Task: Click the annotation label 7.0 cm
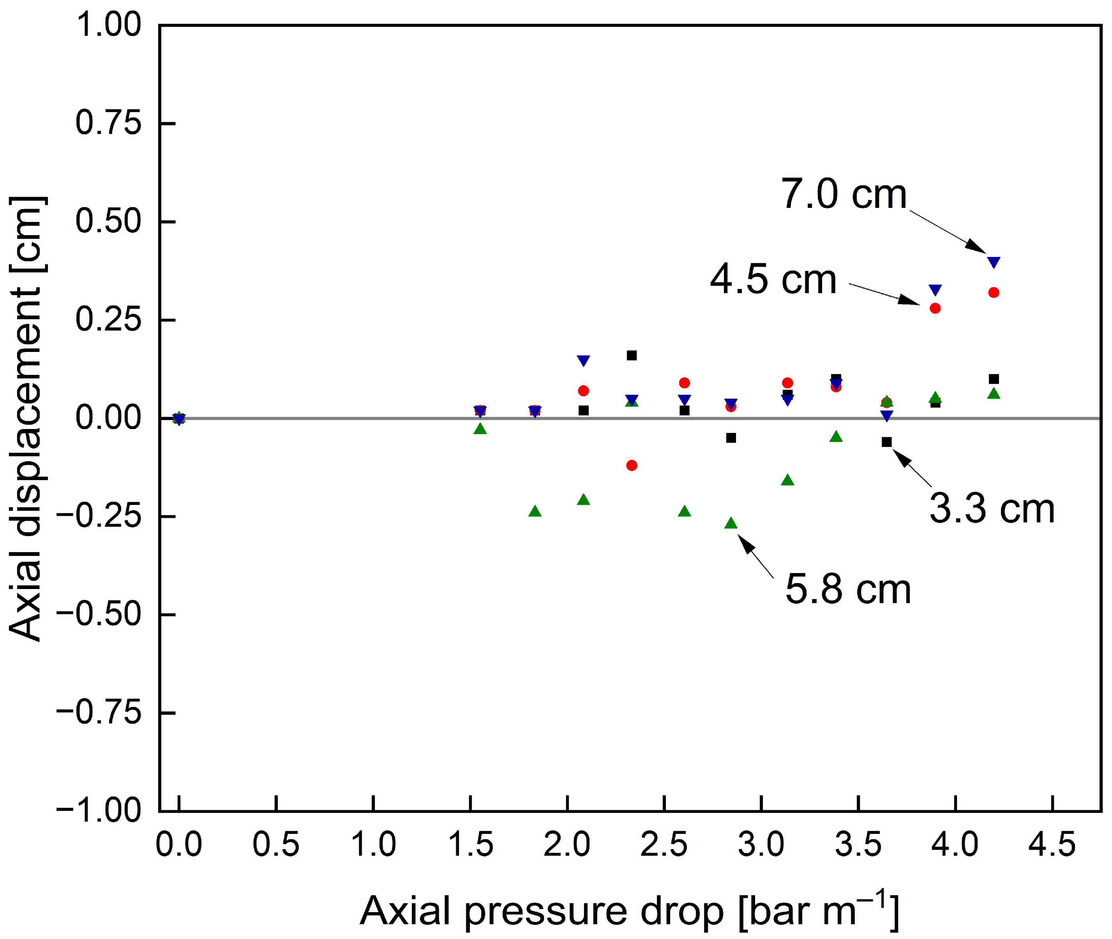844,195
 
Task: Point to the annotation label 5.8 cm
848,590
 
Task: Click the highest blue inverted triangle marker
994,262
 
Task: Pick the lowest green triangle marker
731,523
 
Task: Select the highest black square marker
632,355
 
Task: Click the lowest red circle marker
632,465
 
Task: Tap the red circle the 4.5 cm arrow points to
935,308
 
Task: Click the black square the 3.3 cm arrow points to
887,442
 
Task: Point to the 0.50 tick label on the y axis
108,222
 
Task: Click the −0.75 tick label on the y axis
99,713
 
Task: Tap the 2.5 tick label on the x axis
664,845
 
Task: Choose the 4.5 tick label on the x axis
1052,845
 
